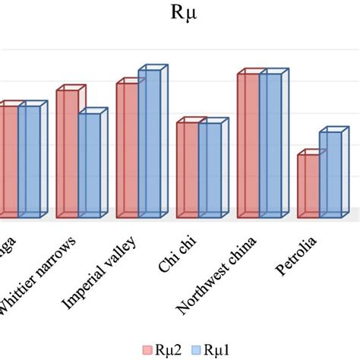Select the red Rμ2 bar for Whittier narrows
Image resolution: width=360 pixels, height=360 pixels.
[x=67, y=152]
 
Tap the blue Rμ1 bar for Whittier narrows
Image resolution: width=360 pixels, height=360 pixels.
[x=89, y=163]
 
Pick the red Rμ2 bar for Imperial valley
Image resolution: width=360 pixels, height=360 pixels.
[x=127, y=148]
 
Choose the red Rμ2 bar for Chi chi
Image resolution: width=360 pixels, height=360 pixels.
[x=187, y=168]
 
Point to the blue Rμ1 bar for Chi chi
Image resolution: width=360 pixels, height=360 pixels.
[x=210, y=168]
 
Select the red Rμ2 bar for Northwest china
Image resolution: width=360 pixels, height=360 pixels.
[x=248, y=144]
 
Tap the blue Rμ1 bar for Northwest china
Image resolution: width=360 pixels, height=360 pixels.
[x=270, y=144]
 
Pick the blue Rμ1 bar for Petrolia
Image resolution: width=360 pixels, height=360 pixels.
[x=330, y=173]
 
